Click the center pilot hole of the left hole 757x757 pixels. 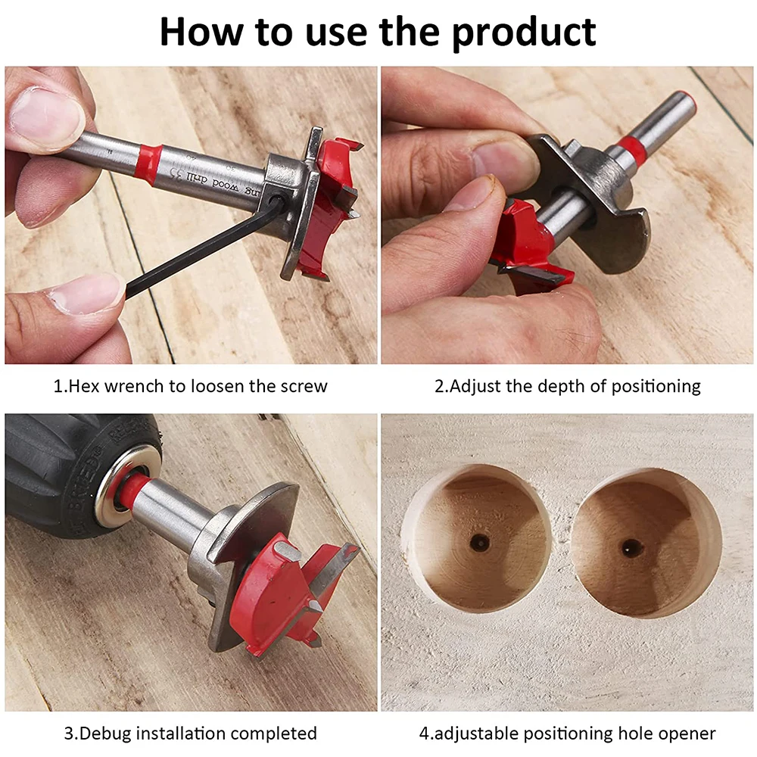click(478, 542)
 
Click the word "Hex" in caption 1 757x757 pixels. click(85, 385)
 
